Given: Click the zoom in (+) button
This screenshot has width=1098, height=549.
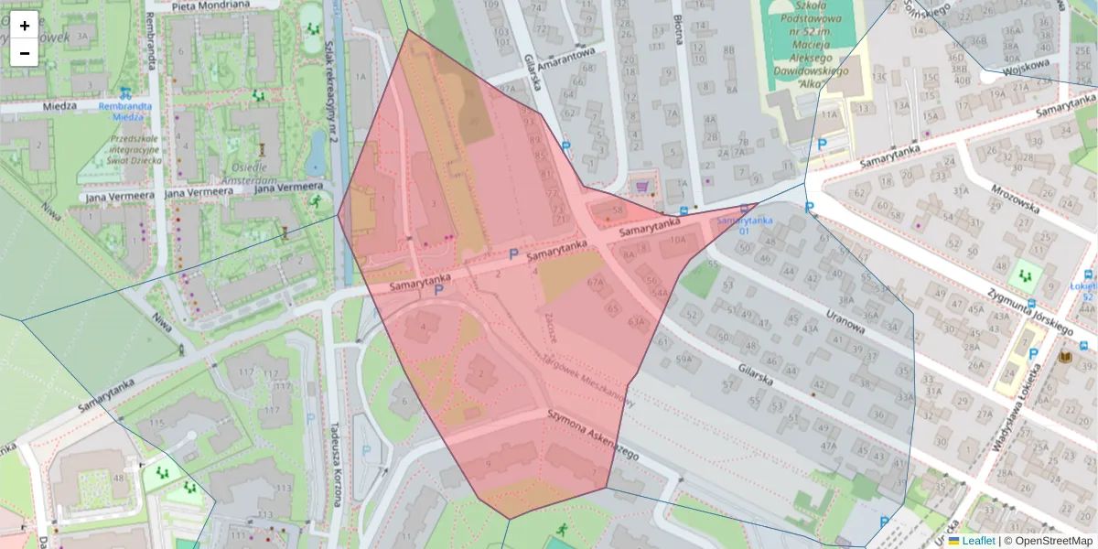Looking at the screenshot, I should point(25,26).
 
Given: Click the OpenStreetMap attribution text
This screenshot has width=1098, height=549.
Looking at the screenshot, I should point(1048,541).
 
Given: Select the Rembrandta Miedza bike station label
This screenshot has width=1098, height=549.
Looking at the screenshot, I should point(124,111).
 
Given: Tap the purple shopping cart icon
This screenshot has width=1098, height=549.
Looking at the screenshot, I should point(642,187).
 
